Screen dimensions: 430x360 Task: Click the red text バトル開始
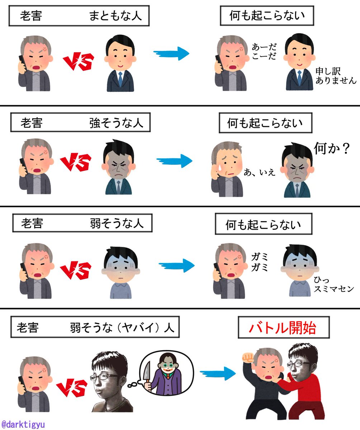283,328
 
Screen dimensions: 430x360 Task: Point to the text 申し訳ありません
336,76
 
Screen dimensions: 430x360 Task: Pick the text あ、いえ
260,172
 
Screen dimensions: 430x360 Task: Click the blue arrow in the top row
171,53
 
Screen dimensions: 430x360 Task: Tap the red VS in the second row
76,162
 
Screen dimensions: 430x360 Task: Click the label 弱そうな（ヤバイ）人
122,328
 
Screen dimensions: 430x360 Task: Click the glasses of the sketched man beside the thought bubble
108,377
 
